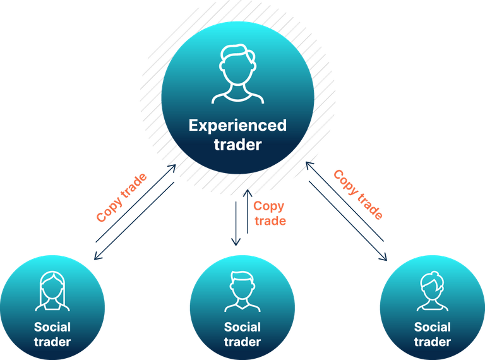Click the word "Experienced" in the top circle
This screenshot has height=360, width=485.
pos(237,126)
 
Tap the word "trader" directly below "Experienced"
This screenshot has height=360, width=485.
pos(238,145)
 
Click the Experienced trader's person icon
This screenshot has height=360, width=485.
pos(237,74)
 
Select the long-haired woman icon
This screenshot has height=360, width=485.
pos(52,291)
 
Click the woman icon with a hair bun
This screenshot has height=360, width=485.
pos(432,291)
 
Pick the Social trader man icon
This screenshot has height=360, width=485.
pos(242,291)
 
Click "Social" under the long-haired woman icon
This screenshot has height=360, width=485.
pos(52,327)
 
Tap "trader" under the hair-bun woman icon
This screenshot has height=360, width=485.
pos(432,342)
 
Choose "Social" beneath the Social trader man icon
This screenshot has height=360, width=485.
pos(242,327)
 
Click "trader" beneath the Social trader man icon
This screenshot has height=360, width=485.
pos(242,342)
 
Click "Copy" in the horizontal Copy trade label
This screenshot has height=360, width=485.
pos(268,207)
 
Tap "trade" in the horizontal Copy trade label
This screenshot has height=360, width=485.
pos(270,221)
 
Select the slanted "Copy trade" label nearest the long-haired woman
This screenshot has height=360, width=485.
pos(121,197)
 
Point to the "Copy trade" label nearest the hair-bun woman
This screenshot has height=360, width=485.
pos(358,195)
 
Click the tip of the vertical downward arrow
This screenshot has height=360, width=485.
pos(236,245)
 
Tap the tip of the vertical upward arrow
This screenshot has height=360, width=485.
pos(248,190)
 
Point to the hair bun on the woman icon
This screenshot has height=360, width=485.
pos(434,274)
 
